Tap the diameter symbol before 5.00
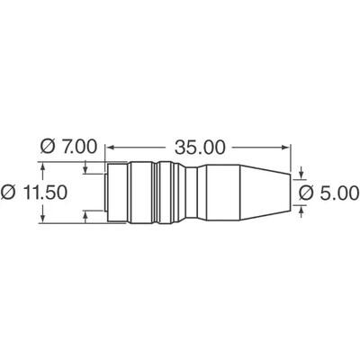pos(306,193)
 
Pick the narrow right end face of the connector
pos(291,192)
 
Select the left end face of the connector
pos(107,192)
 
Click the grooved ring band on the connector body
pos(162,192)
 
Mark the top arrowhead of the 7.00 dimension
pos(85,169)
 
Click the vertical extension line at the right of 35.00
pos(292,157)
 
